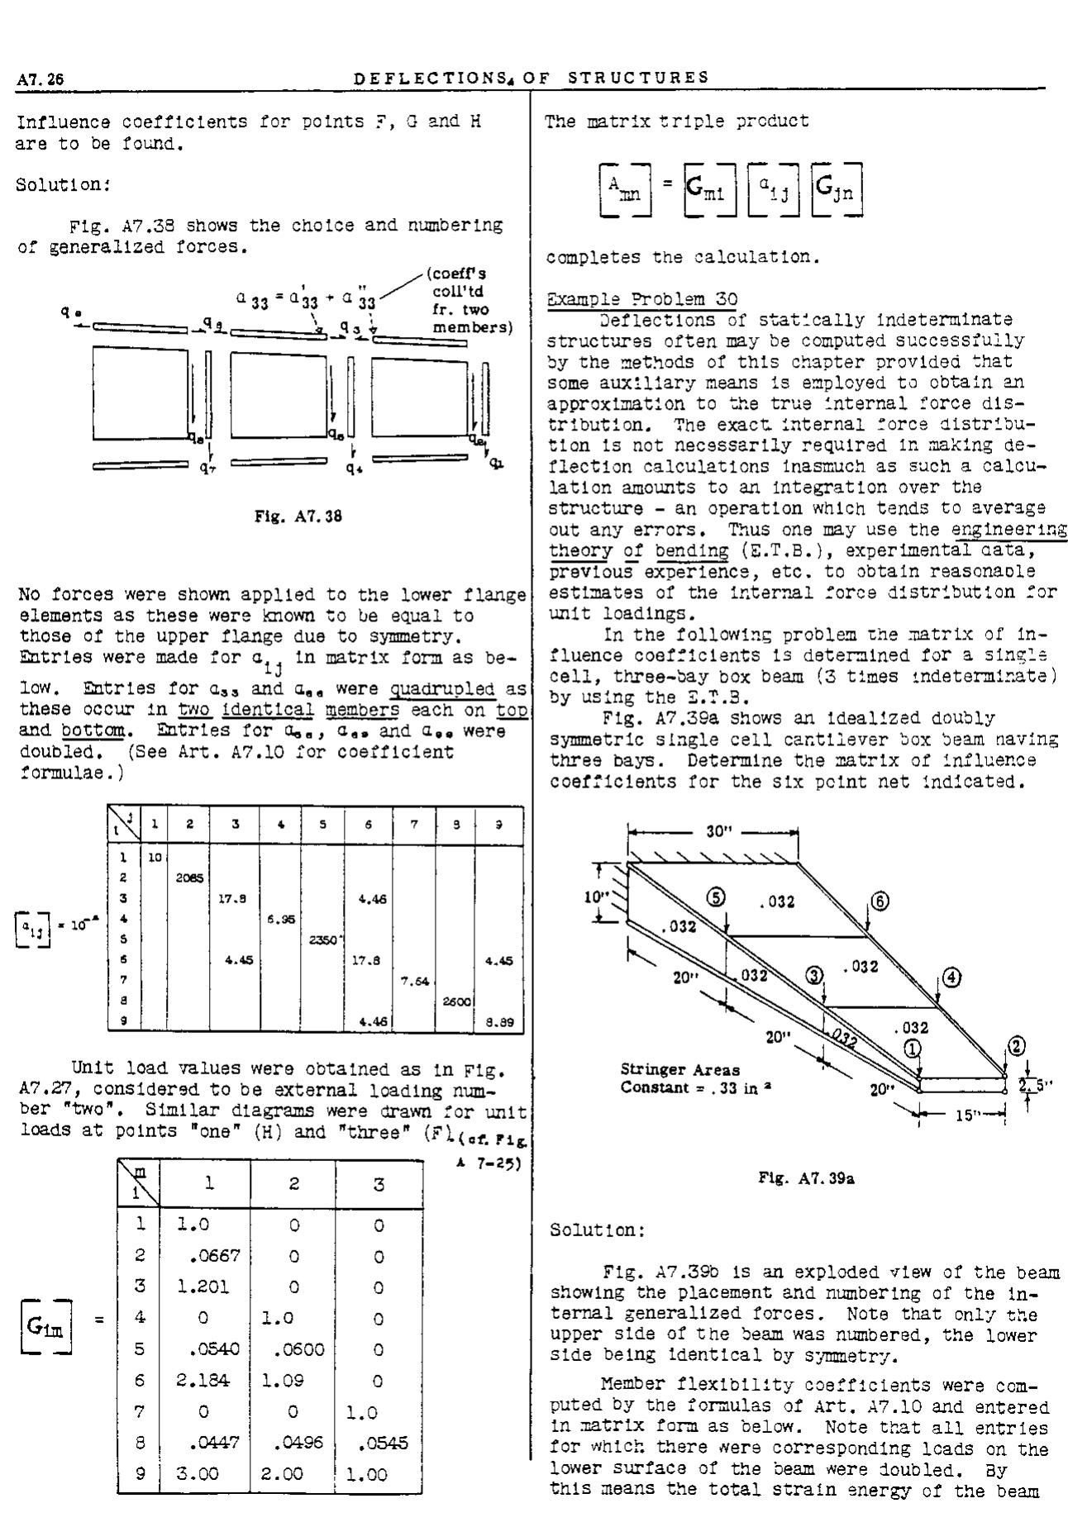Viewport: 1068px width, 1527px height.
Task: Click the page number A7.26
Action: (41, 78)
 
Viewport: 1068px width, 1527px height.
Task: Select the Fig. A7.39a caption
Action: (806, 1179)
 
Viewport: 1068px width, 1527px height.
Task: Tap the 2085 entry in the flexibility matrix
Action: (188, 878)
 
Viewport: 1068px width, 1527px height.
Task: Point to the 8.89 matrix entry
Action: (499, 1020)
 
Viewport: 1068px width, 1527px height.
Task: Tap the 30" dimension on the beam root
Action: (713, 832)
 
